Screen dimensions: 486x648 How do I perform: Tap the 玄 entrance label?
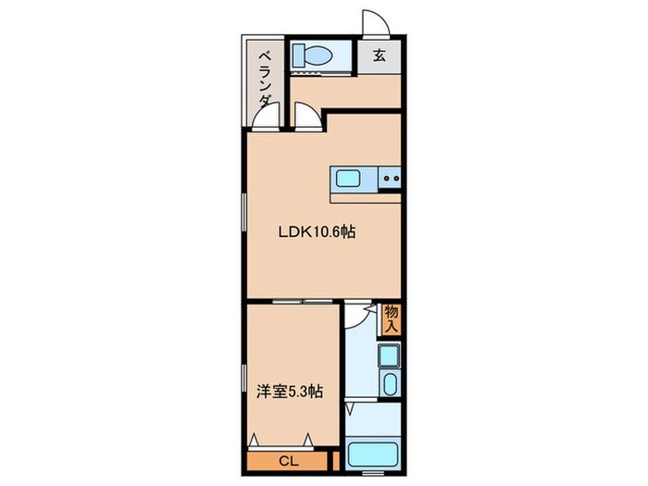click(380, 54)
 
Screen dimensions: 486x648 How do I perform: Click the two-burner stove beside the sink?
click(390, 177)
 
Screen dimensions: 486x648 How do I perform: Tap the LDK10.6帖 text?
click(318, 233)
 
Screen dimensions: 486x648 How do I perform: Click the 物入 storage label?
click(391, 320)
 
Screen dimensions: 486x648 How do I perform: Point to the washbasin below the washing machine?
click(389, 385)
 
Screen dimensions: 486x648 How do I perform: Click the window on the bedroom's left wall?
click(245, 379)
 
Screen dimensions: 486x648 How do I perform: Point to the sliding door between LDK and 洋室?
click(305, 302)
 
